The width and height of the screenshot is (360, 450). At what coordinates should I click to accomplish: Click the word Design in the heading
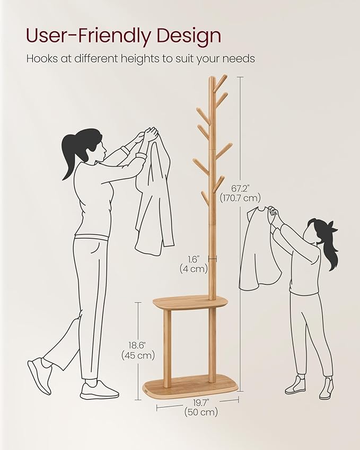pyautogui.click(x=187, y=36)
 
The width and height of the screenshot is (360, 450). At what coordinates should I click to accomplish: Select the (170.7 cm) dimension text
pyautogui.click(x=241, y=198)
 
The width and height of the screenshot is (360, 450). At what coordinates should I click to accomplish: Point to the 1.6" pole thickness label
pyautogui.click(x=192, y=259)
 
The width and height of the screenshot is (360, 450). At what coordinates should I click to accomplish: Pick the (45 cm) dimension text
pyautogui.click(x=138, y=355)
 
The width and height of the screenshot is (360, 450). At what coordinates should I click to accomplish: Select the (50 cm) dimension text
pyautogui.click(x=200, y=413)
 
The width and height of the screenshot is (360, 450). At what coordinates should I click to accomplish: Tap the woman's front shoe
pyautogui.click(x=99, y=391)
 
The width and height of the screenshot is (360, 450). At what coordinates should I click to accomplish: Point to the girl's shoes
pyautogui.click(x=310, y=386)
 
